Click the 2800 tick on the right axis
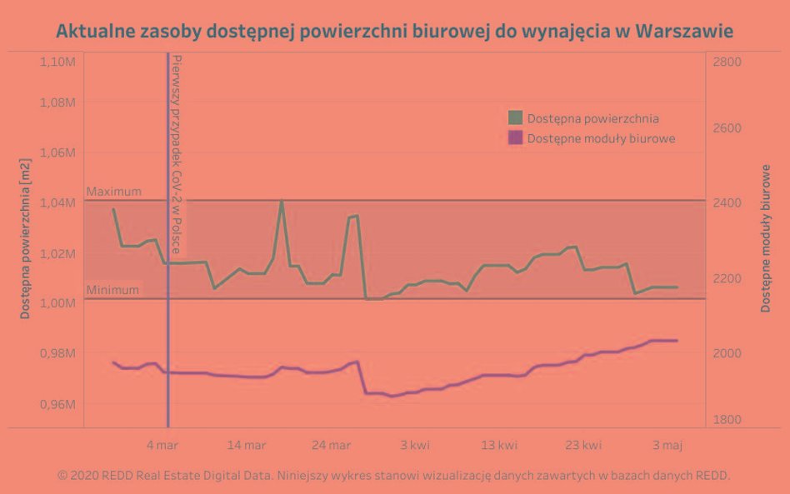[727, 62]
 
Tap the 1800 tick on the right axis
[727, 420]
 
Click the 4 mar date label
[162, 445]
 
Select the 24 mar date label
[331, 445]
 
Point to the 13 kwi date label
[499, 445]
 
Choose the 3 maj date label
[667, 445]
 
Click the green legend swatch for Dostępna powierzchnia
[515, 118]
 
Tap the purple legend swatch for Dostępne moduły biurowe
[515, 138]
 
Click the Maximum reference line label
[114, 192]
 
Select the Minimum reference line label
[112, 290]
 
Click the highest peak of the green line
[282, 201]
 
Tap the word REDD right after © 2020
[116, 475]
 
